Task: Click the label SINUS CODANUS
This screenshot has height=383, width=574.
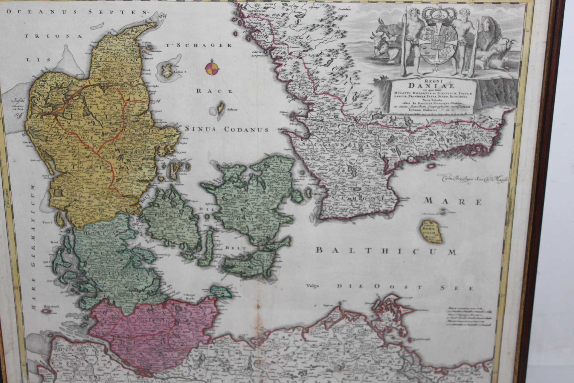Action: pyautogui.click(x=227, y=129)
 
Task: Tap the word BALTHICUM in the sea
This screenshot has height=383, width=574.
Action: pyautogui.click(x=386, y=251)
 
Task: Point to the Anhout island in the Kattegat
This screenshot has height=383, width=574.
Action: pyautogui.click(x=221, y=108)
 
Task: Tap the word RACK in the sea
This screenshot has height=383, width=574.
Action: pyautogui.click(x=214, y=91)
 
